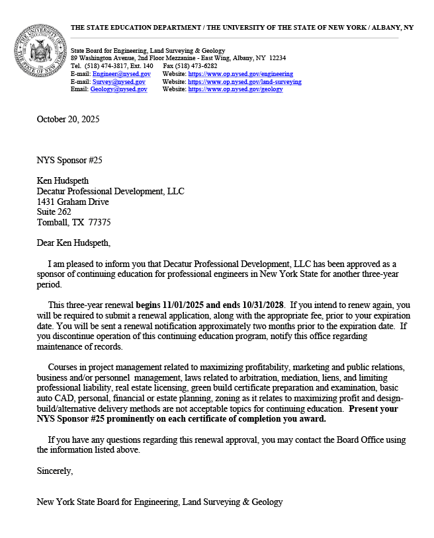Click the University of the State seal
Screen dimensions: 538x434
[x=39, y=52]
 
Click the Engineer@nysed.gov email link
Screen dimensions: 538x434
[x=121, y=74]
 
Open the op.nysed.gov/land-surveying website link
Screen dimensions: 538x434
[x=245, y=82]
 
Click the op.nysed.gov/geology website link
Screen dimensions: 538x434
[x=236, y=89]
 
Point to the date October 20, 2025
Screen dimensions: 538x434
[x=68, y=120]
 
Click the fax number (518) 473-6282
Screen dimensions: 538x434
[x=199, y=66]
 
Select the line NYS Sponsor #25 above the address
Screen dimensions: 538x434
[x=69, y=160]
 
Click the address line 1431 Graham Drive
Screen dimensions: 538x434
[x=73, y=202]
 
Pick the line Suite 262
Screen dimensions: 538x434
[x=54, y=212]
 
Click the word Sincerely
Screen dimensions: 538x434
[x=55, y=471]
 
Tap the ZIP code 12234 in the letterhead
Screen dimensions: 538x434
[x=277, y=58]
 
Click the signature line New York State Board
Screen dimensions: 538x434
[x=159, y=502]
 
